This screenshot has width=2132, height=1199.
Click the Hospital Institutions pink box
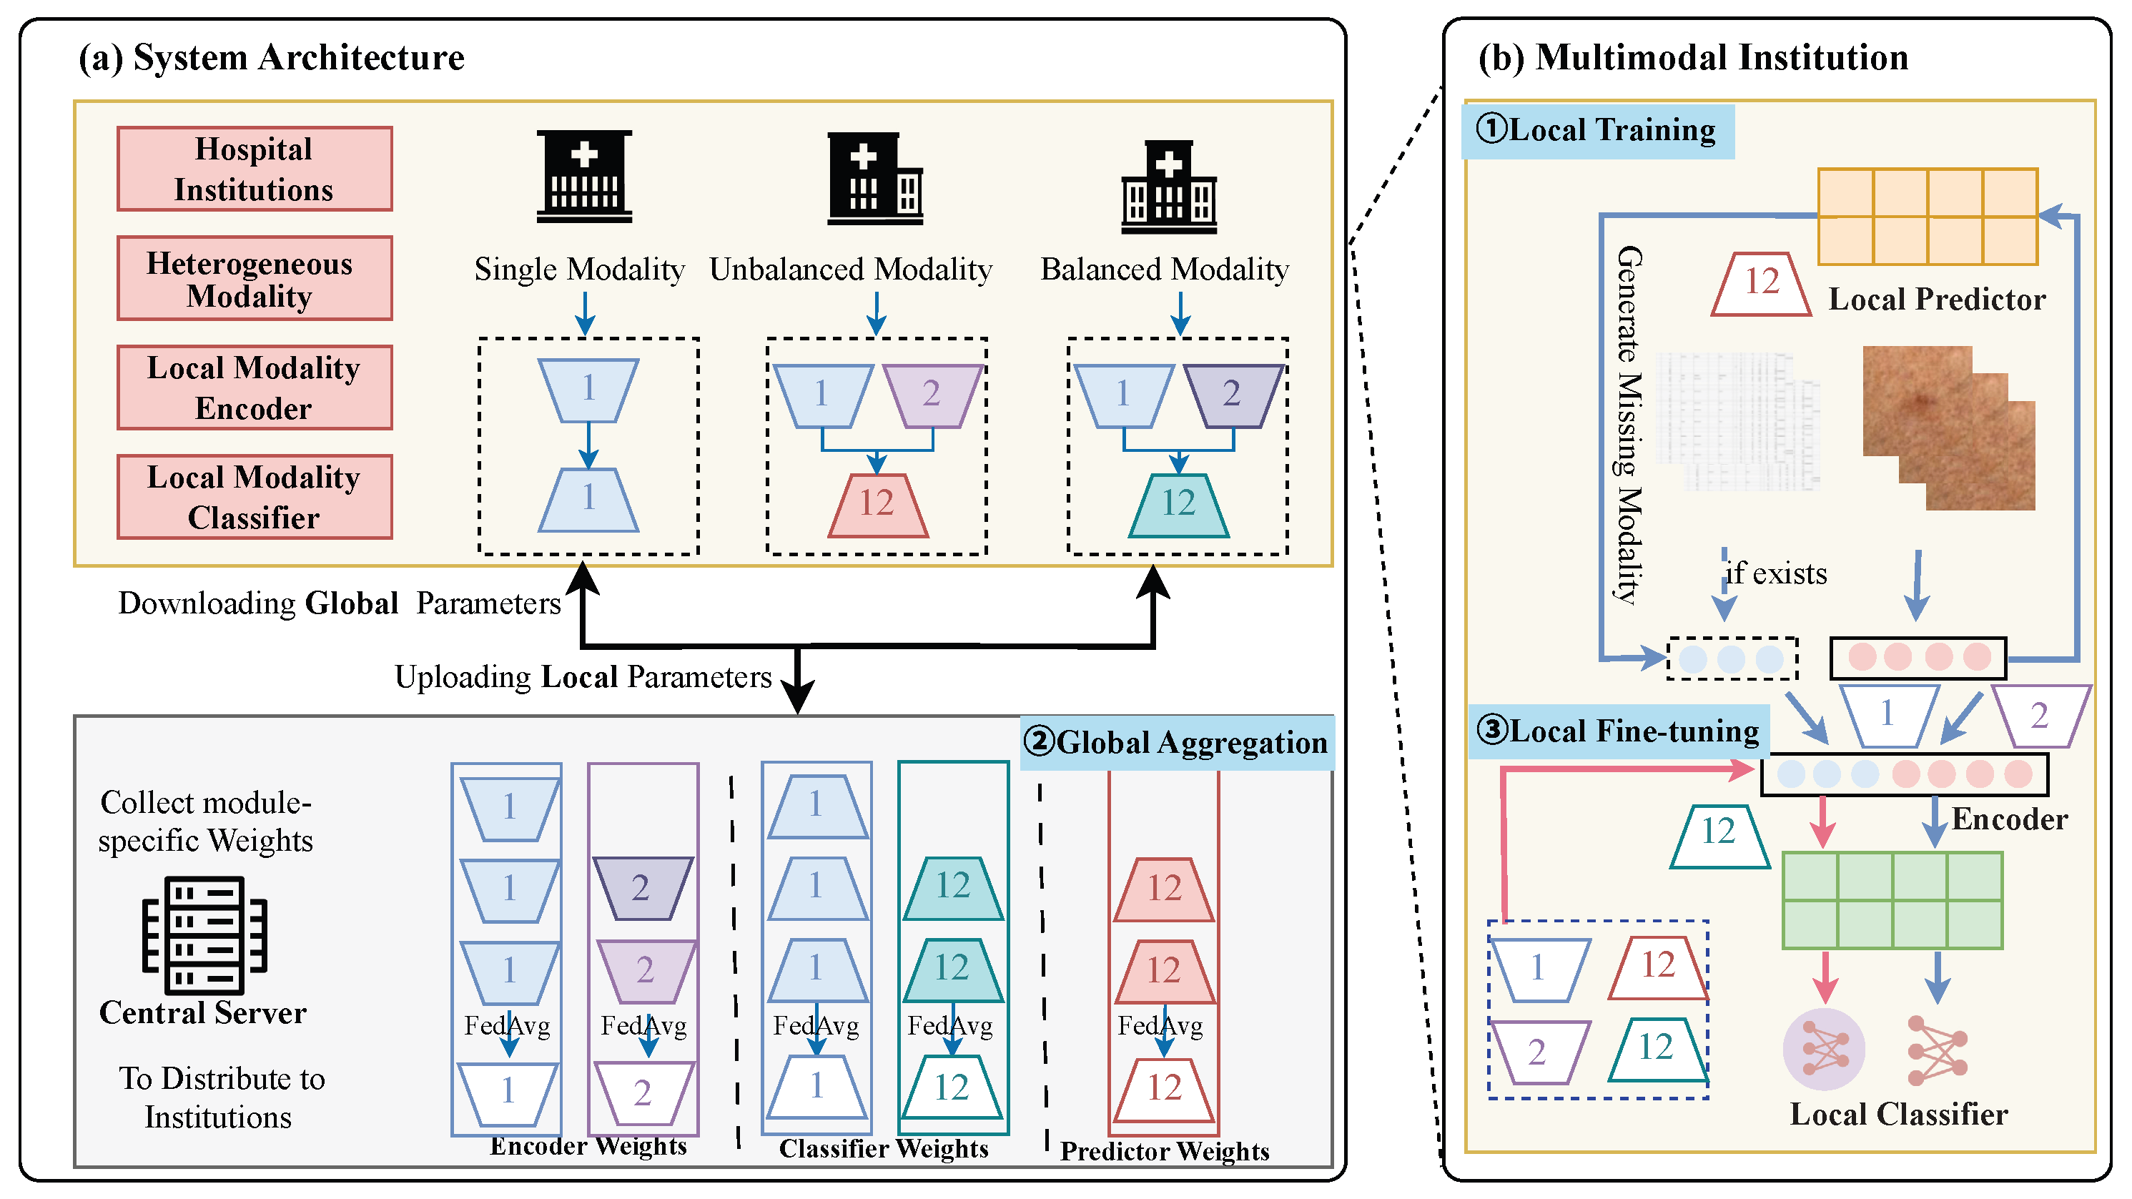pos(254,169)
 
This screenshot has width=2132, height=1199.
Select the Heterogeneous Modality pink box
pos(254,278)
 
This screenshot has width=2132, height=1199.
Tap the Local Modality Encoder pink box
pos(254,388)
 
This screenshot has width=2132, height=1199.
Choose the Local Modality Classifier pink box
pos(254,496)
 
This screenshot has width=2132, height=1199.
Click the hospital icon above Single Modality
pos(584,177)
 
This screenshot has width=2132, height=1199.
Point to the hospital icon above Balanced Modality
pos(1169,187)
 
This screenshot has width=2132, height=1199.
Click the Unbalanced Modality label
pos(851,269)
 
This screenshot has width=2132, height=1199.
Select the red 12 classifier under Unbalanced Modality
pos(877,505)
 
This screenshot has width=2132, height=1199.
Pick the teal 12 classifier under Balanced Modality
pos(1178,505)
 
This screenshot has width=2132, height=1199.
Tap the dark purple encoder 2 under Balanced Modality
pos(1233,395)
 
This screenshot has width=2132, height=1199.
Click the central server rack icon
pos(204,934)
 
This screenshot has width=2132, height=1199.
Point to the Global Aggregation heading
pos(1176,742)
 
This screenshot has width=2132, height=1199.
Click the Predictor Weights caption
pos(1165,1151)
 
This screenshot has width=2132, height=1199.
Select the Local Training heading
pos(1597,131)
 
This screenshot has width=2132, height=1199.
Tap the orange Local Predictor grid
pos(1928,216)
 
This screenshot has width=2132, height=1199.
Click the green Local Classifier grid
pos(1892,900)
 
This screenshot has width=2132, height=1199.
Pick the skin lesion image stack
pos(1948,428)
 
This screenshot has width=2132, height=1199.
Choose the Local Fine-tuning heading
pos(1618,731)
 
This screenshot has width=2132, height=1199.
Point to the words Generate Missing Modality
pos(1629,424)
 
